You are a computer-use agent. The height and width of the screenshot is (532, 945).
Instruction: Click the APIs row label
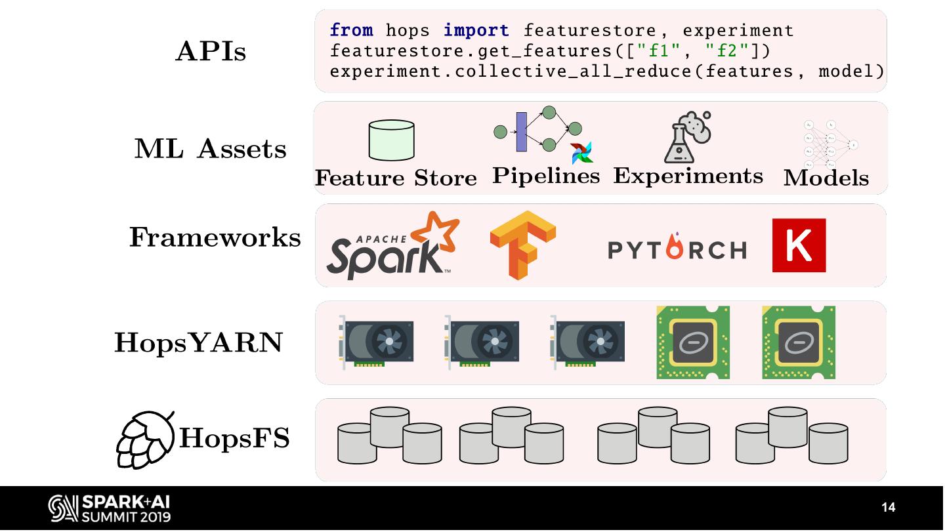click(x=211, y=51)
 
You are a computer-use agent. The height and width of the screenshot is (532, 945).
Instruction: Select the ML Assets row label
click(x=211, y=149)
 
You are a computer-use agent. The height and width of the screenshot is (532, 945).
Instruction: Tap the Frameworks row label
click(x=215, y=237)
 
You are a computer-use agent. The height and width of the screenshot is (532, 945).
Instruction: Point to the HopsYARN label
click(x=198, y=342)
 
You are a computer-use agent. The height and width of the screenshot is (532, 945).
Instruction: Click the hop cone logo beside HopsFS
click(x=146, y=438)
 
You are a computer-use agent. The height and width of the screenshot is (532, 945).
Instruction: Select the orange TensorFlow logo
click(x=522, y=244)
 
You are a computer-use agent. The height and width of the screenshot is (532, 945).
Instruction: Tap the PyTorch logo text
click(x=677, y=249)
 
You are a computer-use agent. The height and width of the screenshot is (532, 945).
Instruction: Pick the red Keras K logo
click(x=799, y=245)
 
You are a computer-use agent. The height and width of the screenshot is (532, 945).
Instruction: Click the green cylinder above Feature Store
click(x=391, y=140)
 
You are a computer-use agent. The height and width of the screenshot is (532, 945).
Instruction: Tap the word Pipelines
click(x=546, y=176)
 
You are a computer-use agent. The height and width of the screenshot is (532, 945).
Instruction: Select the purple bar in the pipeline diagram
click(x=522, y=132)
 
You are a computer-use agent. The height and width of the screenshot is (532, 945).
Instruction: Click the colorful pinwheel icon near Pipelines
click(x=581, y=152)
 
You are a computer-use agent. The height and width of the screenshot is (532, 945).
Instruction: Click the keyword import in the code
click(x=476, y=30)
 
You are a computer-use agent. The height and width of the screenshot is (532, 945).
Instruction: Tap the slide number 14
click(x=888, y=508)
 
